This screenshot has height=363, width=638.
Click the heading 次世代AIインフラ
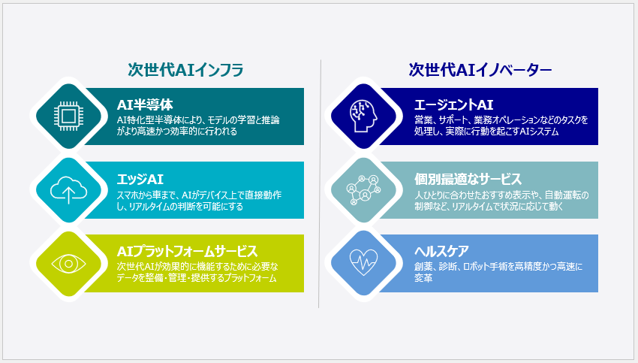(x=185, y=70)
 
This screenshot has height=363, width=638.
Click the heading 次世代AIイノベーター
(x=480, y=70)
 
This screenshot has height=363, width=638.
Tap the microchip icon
(x=68, y=116)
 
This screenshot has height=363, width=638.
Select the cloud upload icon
(x=68, y=190)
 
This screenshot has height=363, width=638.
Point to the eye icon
(x=68, y=264)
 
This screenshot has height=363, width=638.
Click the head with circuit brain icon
(x=363, y=116)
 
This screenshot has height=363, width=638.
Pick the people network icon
(x=363, y=190)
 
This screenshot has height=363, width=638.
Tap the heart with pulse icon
(x=363, y=263)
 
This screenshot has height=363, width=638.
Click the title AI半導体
(x=144, y=104)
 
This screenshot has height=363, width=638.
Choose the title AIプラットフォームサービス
(x=187, y=251)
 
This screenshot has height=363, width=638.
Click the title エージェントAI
(x=453, y=104)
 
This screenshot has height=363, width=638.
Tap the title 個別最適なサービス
(x=468, y=180)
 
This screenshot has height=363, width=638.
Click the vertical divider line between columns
(x=320, y=183)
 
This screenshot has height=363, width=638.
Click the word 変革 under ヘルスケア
(x=423, y=278)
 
